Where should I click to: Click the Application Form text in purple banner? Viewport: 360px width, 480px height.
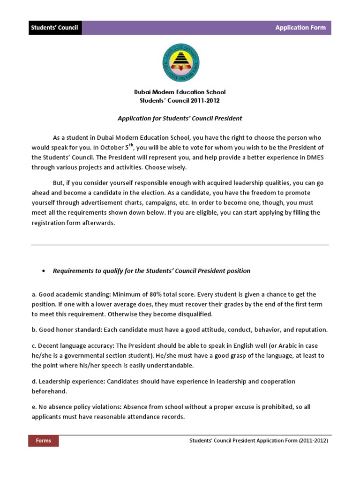(x=300, y=28)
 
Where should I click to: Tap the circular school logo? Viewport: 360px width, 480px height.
(x=180, y=63)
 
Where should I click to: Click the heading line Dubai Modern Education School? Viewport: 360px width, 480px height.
(x=180, y=92)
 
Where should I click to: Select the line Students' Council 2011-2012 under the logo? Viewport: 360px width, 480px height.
(x=180, y=100)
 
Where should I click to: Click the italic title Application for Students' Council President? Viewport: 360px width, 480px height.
(x=180, y=119)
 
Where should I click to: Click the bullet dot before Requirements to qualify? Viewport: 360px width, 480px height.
(x=43, y=271)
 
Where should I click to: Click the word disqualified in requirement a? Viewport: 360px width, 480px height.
(x=193, y=314)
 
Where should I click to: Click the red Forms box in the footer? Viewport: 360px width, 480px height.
(x=44, y=441)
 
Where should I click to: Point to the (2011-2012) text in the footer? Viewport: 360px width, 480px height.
(x=313, y=441)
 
